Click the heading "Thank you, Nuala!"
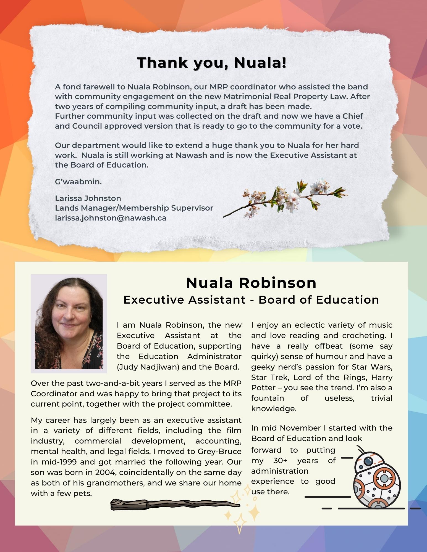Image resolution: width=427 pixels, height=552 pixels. click(x=211, y=63)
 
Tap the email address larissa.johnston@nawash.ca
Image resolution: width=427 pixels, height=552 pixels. click(x=111, y=218)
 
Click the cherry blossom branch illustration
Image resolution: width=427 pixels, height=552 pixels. click(x=286, y=197)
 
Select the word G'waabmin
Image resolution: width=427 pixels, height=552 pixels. click(x=78, y=182)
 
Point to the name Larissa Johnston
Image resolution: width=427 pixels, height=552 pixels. click(x=88, y=198)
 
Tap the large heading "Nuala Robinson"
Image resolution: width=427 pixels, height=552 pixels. click(x=251, y=283)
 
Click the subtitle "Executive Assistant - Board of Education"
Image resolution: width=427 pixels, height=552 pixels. click(x=251, y=300)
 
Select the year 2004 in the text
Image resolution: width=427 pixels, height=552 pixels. click(x=103, y=472)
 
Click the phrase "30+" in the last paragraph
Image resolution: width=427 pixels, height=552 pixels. click(x=281, y=460)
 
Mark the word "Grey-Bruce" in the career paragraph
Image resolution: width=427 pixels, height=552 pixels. click(x=219, y=451)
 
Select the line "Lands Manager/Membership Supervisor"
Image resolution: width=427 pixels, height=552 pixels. click(x=134, y=208)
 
